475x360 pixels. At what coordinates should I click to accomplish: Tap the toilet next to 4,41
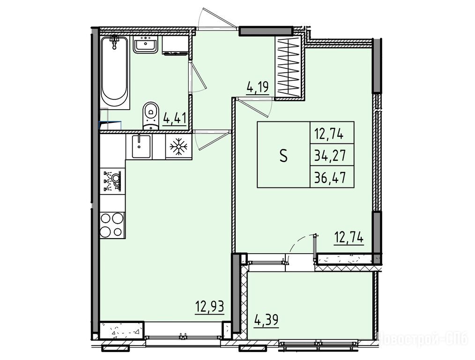(x=150, y=116)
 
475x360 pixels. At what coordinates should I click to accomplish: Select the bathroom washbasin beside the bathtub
(x=145, y=45)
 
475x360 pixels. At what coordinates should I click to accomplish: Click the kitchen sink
(x=141, y=147)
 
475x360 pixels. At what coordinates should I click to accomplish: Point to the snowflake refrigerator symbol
(x=178, y=147)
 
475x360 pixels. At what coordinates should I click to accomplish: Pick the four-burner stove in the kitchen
(x=112, y=225)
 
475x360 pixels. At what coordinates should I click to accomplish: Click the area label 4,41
(x=174, y=117)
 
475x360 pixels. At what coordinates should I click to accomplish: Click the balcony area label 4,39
(x=266, y=320)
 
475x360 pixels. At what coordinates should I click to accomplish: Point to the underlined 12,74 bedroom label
(x=349, y=238)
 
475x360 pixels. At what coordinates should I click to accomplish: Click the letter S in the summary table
(x=283, y=156)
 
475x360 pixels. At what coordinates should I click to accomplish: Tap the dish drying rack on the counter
(x=112, y=181)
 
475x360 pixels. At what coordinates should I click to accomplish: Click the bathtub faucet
(x=114, y=41)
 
